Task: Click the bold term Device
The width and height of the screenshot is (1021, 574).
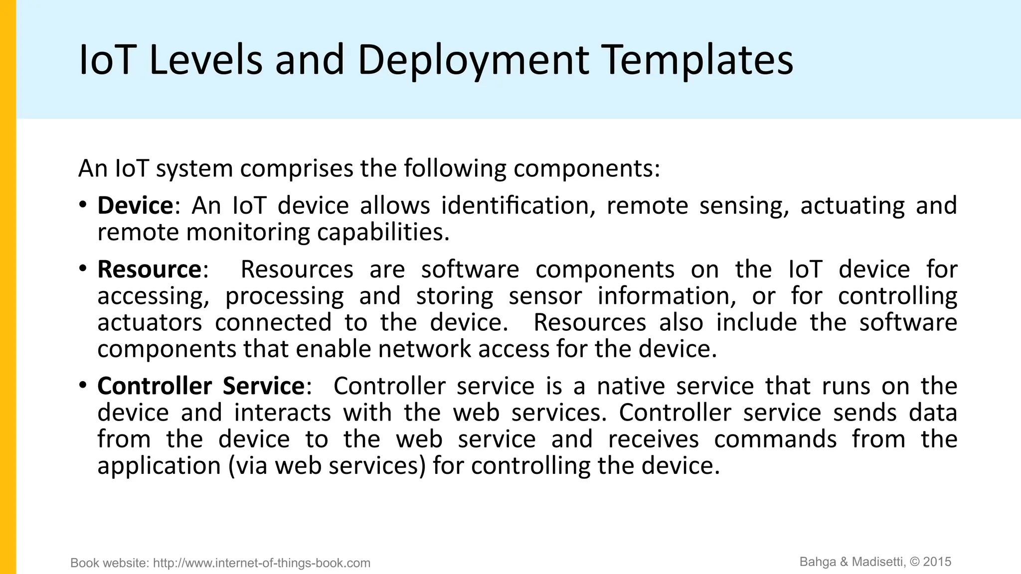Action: click(135, 206)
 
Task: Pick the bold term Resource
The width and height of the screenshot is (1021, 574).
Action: click(149, 270)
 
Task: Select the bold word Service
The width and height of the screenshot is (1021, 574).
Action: click(263, 386)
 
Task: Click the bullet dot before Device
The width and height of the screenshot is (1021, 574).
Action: click(83, 205)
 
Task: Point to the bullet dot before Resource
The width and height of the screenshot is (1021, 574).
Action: click(83, 269)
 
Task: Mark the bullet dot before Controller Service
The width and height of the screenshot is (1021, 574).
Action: click(83, 385)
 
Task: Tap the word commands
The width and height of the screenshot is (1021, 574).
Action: click(775, 439)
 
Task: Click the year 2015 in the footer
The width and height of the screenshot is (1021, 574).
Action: click(937, 562)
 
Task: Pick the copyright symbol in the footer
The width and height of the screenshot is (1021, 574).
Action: click(915, 562)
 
